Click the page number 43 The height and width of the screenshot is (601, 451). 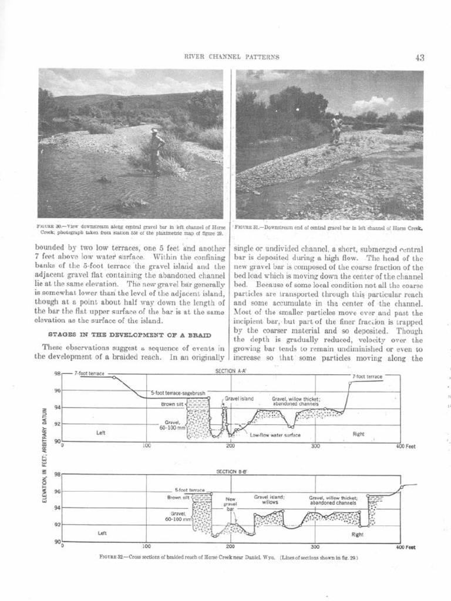tap(419, 58)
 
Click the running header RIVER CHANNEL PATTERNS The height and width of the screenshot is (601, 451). tap(231, 57)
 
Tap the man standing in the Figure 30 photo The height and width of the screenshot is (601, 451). tap(156, 150)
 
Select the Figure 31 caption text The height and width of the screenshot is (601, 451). tap(329, 228)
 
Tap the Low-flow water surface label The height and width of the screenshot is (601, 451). tap(275, 435)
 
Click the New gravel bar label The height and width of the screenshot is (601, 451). tap(231, 504)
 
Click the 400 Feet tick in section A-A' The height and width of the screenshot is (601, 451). tap(405, 446)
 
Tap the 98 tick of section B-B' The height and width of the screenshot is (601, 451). tap(58, 474)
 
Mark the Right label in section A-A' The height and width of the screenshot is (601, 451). tap(358, 434)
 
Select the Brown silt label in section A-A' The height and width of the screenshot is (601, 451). tap(173, 404)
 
